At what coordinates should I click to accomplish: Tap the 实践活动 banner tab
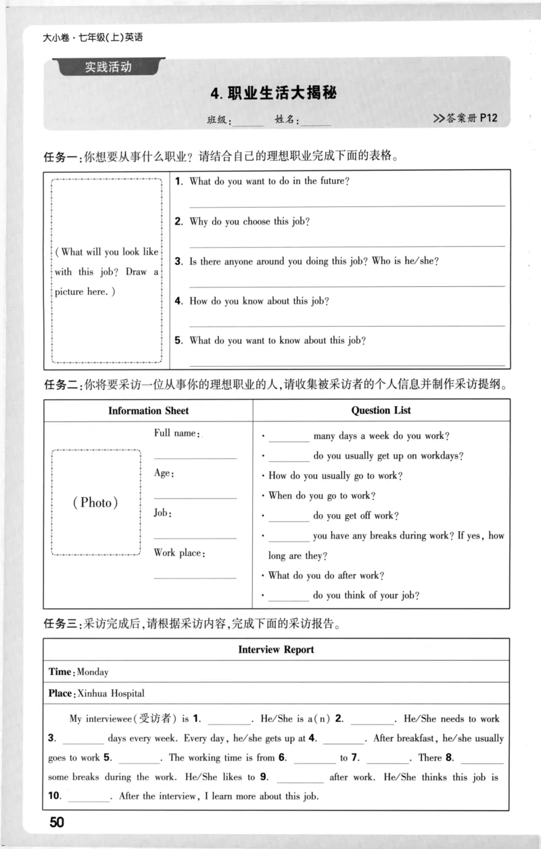click(x=108, y=67)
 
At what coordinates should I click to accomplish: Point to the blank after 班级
click(x=248, y=122)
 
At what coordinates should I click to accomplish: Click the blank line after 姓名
click(x=316, y=122)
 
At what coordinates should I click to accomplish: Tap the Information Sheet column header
click(x=148, y=411)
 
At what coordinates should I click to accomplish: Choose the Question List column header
click(x=381, y=410)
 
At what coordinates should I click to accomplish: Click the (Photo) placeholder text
click(x=95, y=503)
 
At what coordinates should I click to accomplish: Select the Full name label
click(x=175, y=433)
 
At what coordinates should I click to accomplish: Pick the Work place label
click(x=179, y=553)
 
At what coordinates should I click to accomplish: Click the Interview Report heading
click(x=276, y=649)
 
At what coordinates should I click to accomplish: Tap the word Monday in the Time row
click(x=93, y=672)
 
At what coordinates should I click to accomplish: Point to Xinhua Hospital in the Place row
click(x=111, y=693)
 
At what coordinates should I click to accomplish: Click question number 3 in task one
click(x=177, y=261)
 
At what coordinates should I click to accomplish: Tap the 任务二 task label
click(x=62, y=385)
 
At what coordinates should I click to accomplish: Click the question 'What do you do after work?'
click(x=326, y=576)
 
